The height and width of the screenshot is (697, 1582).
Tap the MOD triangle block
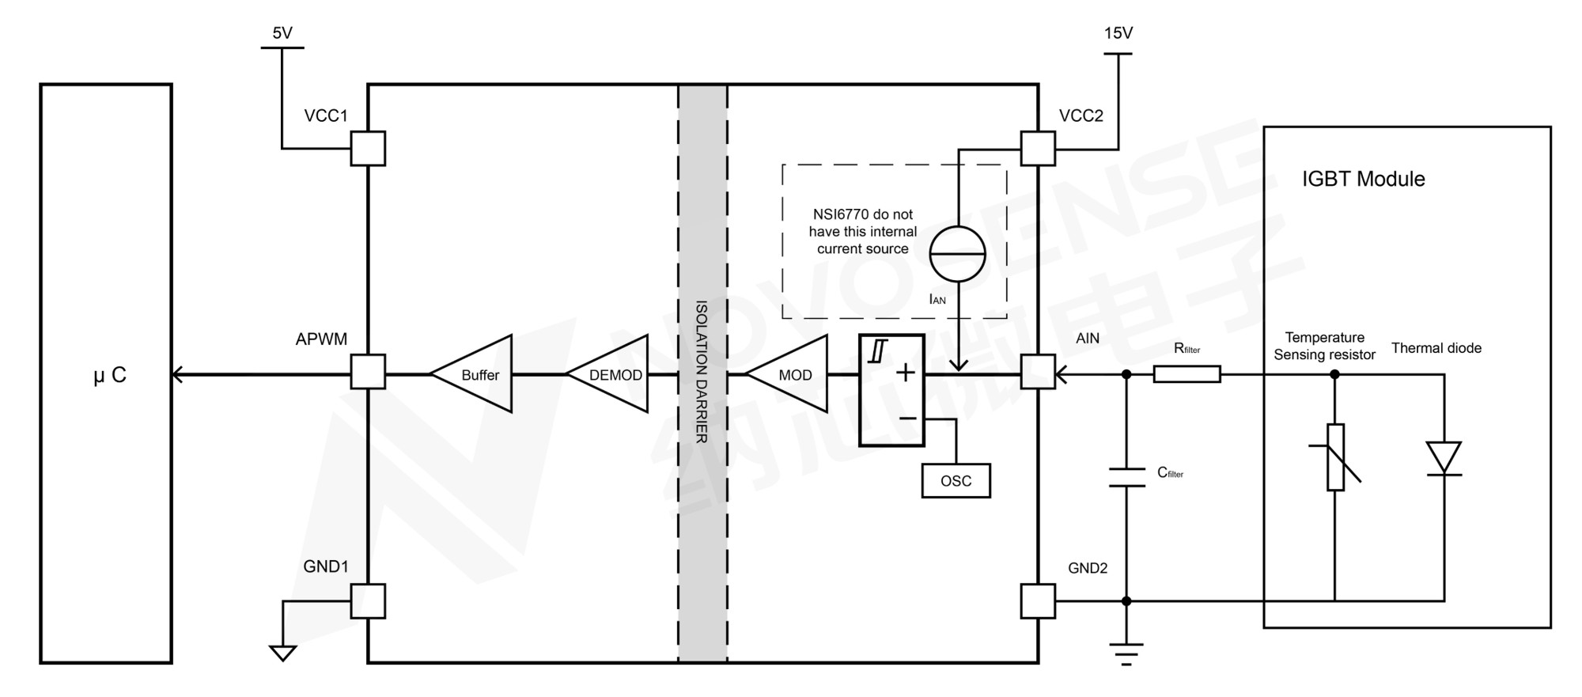792,374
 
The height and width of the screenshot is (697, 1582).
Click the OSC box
956,480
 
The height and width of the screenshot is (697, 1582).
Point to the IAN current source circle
957,254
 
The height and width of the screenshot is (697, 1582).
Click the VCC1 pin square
368,148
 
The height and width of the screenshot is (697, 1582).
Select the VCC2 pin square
1038,148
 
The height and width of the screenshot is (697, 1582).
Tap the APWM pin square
368,372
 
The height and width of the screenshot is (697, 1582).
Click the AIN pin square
1038,372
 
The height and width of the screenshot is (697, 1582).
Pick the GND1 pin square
368,600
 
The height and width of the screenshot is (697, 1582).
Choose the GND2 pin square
1038,600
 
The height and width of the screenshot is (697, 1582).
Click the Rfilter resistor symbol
1186,373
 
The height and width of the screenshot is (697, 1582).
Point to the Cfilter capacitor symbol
1126,477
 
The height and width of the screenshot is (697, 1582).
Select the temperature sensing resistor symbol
1335,457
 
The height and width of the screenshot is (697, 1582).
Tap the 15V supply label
1118,33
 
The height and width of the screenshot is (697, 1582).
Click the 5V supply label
282,33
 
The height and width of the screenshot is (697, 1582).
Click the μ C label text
110,375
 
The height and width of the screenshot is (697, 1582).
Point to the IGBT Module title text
1363,179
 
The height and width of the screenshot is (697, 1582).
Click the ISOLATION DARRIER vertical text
701,372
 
